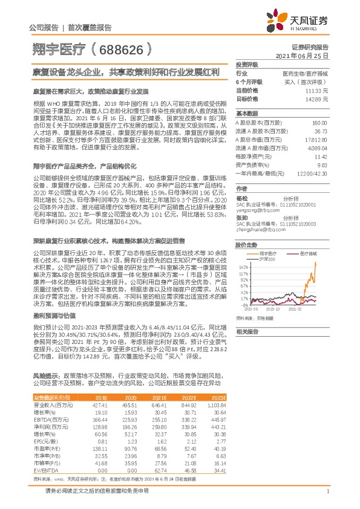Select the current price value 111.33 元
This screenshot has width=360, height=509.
tap(318, 89)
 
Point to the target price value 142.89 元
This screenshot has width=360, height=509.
tap(318, 98)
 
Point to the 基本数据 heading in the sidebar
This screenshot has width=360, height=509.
tap(246, 113)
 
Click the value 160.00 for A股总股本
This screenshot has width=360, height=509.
tap(319, 123)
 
